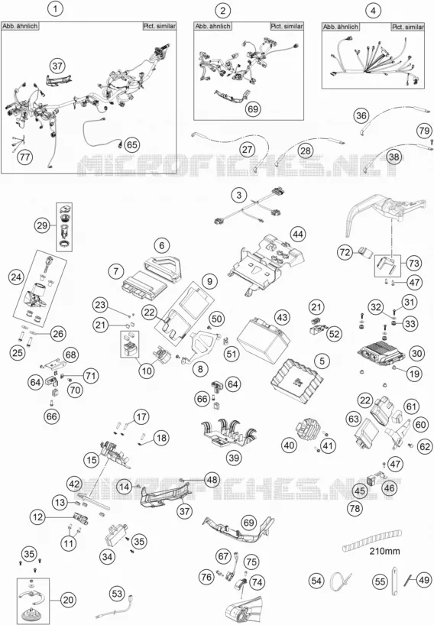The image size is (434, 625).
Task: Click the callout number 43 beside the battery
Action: (x=282, y=318)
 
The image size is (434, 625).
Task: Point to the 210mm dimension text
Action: (x=384, y=551)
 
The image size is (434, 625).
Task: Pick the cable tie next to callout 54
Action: (x=342, y=581)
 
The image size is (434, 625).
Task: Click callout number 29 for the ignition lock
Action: (x=42, y=225)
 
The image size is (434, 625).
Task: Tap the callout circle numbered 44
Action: (x=298, y=234)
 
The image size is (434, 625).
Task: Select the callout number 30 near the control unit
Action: (x=416, y=353)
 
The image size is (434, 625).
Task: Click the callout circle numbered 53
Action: (x=117, y=594)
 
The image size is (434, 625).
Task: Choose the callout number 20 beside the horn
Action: (x=69, y=600)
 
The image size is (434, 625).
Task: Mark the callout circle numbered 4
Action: (x=373, y=11)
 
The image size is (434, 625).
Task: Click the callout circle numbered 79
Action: (x=424, y=131)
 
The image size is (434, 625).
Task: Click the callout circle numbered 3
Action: (x=238, y=196)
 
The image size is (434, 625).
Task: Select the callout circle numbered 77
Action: (x=24, y=157)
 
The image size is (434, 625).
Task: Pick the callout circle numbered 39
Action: (x=234, y=457)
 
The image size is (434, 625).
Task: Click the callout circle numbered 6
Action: (x=161, y=245)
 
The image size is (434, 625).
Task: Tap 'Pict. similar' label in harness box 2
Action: (x=287, y=26)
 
